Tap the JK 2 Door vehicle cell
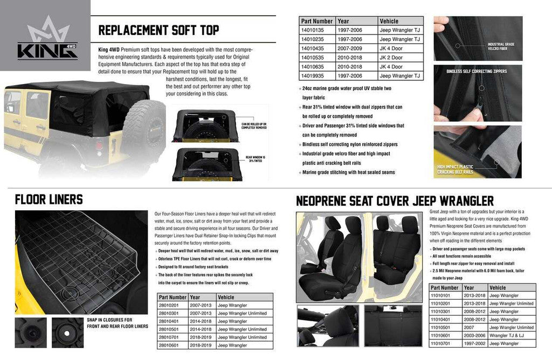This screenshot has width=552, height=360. [391, 58]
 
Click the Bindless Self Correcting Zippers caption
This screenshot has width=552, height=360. [477, 71]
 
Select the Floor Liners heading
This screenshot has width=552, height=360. [49, 200]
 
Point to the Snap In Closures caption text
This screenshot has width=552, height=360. [117, 323]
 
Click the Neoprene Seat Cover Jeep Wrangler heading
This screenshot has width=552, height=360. [395, 202]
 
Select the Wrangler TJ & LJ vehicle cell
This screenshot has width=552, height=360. [505, 335]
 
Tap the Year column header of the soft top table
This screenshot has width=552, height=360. [343, 21]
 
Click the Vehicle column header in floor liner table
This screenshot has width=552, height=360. [226, 297]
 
